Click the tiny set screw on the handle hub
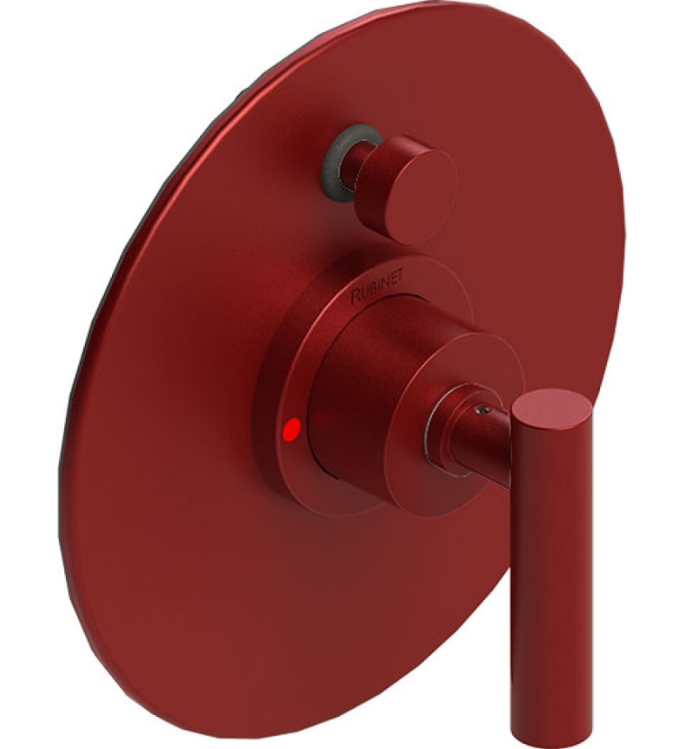tap(485, 406)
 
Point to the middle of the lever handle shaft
tap(548, 568)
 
